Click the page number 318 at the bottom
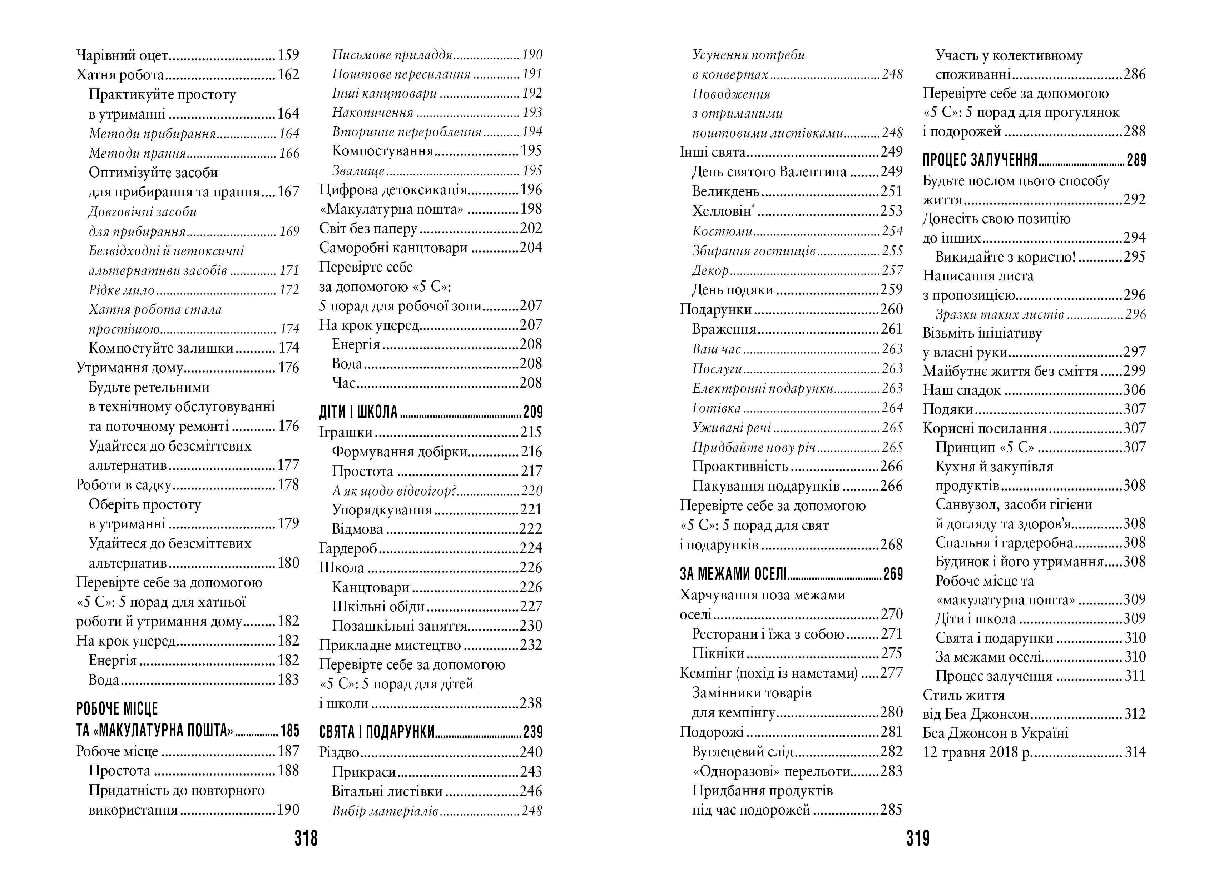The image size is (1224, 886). click(306, 838)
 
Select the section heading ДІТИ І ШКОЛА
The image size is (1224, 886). click(358, 412)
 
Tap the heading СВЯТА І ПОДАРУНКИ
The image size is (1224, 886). click(377, 732)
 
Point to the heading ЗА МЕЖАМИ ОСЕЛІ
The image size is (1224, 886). click(733, 574)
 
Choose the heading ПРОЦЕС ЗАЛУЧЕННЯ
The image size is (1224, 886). click(980, 160)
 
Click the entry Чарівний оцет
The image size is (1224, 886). click(123, 55)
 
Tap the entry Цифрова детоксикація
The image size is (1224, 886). click(393, 190)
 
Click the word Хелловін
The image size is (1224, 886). click(722, 211)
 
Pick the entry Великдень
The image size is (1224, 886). click(726, 191)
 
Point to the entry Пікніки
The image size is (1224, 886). click(718, 653)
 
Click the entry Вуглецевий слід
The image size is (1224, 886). click(743, 752)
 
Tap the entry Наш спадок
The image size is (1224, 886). click(962, 390)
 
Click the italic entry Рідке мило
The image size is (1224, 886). click(122, 290)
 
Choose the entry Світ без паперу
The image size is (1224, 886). click(368, 228)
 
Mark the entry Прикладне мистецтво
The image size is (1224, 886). click(390, 645)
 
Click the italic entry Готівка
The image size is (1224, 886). click(717, 408)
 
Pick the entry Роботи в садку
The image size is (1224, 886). click(124, 485)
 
